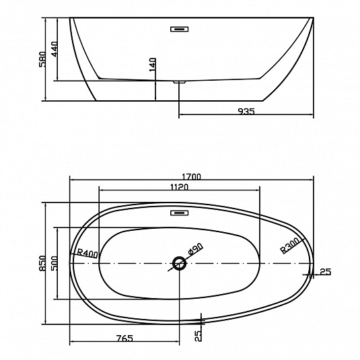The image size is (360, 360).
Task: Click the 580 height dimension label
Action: (42, 59)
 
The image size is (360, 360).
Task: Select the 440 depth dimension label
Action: (55, 49)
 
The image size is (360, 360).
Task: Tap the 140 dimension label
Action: (153, 65)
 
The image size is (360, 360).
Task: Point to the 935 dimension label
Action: (246, 111)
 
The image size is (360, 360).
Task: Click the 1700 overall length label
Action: (191, 176)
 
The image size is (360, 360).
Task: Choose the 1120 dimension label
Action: (179, 187)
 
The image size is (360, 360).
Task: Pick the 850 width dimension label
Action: (42, 263)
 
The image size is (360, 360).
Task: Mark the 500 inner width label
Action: (55, 263)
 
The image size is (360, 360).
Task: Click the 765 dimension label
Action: (124, 338)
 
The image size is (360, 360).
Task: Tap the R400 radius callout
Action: (87, 253)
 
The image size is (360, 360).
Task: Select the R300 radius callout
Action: (290, 245)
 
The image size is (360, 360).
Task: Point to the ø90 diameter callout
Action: (195, 249)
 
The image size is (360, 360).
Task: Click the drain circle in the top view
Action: (179, 263)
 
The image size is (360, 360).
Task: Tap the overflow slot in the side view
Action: (179, 29)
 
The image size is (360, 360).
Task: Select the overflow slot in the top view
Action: (179, 213)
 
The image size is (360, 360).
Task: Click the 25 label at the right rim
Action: (326, 272)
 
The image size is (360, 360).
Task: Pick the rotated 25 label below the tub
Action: (198, 336)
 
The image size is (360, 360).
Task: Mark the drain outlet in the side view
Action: (179, 81)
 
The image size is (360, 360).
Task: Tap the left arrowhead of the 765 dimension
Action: (71, 341)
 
